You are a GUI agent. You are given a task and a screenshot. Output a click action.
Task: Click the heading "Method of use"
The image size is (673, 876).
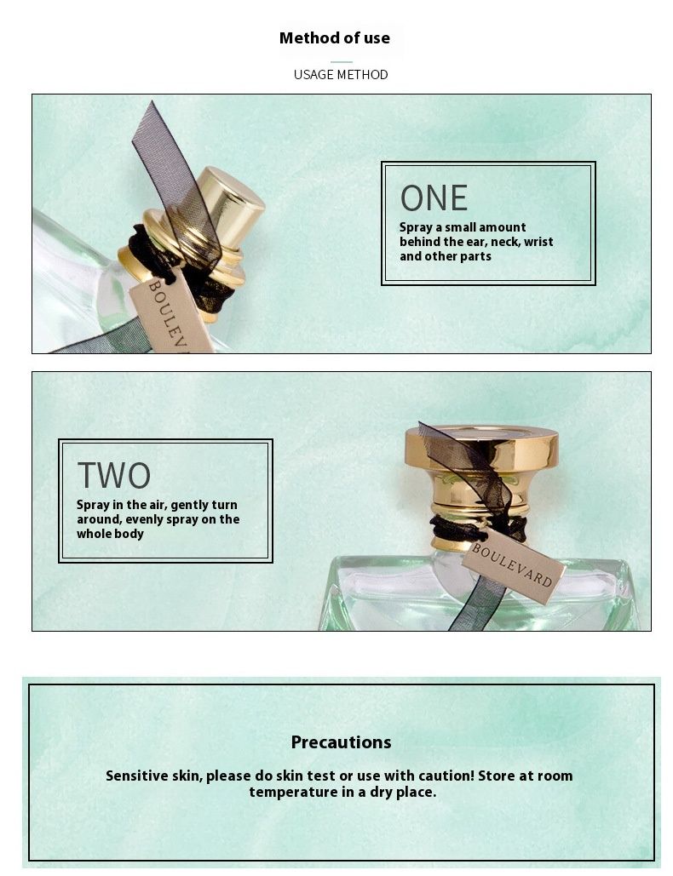coord(335,38)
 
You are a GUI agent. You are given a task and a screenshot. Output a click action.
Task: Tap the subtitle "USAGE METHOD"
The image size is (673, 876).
coord(341,74)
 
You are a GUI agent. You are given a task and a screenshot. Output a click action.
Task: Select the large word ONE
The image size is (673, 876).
coord(434,198)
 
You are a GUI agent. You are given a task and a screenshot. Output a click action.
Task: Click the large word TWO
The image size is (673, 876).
coord(114,475)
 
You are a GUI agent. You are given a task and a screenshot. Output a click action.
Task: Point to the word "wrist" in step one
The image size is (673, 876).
coord(538,242)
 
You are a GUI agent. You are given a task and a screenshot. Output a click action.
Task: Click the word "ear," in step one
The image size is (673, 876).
coord(475,242)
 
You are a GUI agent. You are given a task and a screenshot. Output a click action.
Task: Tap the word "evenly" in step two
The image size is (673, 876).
coord(142,519)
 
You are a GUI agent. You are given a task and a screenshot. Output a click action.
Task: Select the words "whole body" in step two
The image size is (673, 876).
coord(110,534)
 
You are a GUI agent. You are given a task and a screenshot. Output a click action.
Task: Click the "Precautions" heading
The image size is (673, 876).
coord(341,742)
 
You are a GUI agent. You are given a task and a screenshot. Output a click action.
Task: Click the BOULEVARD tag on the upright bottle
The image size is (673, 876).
coord(513,565)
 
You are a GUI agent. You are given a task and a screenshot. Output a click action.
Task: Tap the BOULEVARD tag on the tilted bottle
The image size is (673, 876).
coord(171,313)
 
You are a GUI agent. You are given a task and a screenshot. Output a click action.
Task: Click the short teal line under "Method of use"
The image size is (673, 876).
coord(341,62)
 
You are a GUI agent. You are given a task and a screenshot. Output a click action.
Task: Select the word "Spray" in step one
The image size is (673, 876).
coord(416,228)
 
